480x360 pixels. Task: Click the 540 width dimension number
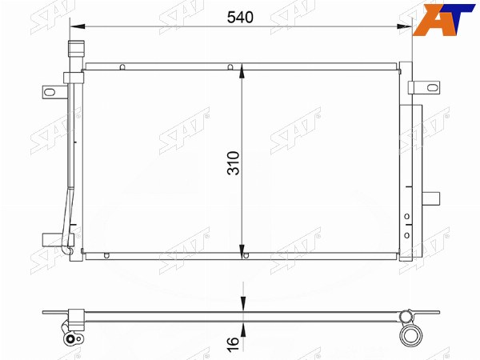tap(240, 18)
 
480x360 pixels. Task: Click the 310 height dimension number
tap(234, 163)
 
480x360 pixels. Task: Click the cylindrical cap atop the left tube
tap(76, 49)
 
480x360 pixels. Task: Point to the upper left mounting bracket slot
tap(50, 92)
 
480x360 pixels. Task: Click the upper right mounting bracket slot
tap(432, 87)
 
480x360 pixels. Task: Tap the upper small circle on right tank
tap(407, 217)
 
